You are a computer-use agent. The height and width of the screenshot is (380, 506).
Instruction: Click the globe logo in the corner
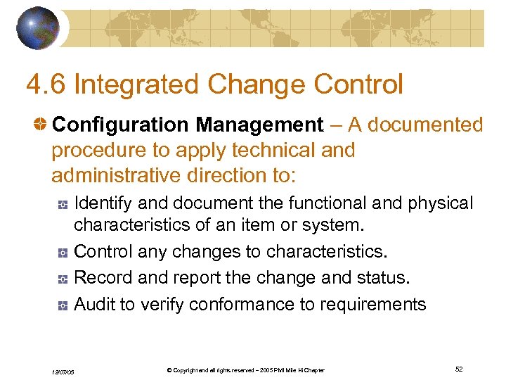pos(38,27)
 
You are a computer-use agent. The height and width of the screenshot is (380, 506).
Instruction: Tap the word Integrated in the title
pos(144,84)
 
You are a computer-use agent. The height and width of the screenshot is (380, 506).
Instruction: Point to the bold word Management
pos(259,125)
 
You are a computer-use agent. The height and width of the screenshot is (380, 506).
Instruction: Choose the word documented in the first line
pos(427,125)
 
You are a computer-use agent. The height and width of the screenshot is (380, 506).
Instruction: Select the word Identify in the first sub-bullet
pos(103,203)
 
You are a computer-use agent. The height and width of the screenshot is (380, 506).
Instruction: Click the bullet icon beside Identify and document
pos(63,204)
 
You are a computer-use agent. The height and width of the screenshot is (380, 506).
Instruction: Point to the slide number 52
pos(459,369)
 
